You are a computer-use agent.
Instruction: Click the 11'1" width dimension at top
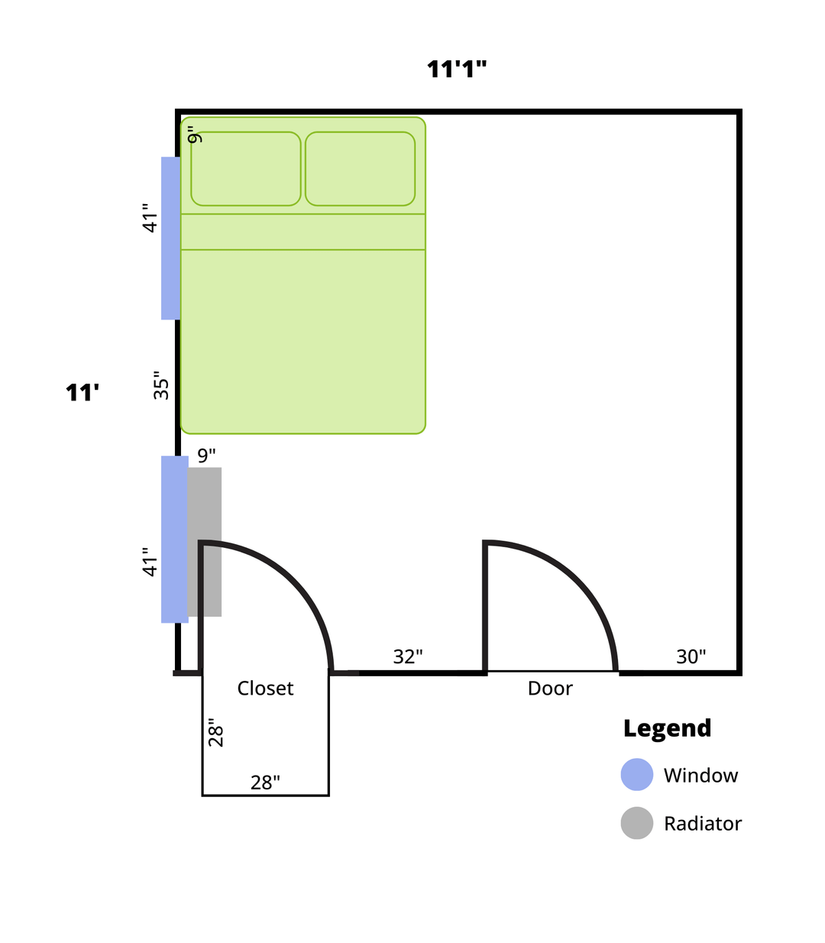[457, 70]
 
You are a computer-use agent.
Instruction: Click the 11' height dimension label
[82, 393]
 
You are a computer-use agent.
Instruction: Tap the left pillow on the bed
[245, 169]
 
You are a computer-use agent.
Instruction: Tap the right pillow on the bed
[360, 169]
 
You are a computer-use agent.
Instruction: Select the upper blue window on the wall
[170, 238]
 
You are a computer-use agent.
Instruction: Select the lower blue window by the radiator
[175, 540]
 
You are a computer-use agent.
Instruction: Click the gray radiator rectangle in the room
[205, 542]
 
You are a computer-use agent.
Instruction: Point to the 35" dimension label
[161, 385]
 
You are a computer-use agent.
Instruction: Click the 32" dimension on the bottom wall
[408, 656]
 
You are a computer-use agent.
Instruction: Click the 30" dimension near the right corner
[691, 656]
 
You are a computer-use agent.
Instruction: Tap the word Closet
[265, 688]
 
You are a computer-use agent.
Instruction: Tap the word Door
[550, 688]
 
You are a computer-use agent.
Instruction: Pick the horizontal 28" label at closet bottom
[265, 783]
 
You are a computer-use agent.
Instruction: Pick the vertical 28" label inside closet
[215, 732]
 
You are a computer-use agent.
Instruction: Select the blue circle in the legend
[637, 774]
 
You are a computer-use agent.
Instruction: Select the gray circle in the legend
[637, 823]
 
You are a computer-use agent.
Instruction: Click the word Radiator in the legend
[703, 824]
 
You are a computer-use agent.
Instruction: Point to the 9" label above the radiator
[206, 455]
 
